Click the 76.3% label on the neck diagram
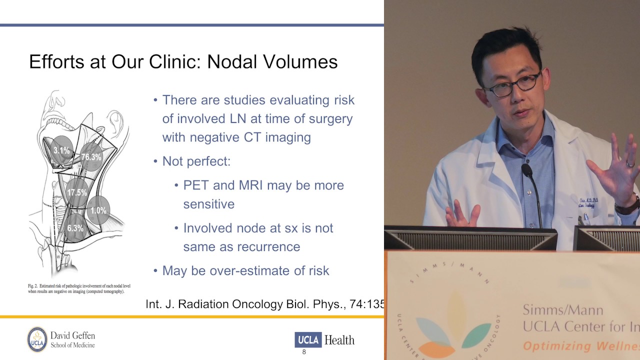[x=91, y=157]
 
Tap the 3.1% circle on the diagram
[x=61, y=150]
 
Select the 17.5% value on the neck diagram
[x=77, y=192]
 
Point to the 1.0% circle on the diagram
[x=98, y=210]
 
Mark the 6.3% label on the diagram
[x=75, y=228]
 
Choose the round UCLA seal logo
[x=37, y=339]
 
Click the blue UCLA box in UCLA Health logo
[x=308, y=340]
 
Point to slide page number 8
[x=304, y=352]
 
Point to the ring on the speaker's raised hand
[x=630, y=163]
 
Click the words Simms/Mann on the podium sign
[x=555, y=309]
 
